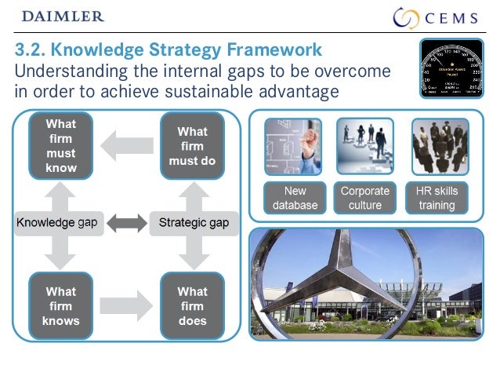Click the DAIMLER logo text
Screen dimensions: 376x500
(x=63, y=16)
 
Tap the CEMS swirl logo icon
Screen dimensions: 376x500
(x=408, y=17)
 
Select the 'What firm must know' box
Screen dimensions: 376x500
(x=60, y=146)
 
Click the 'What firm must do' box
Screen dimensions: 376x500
(x=192, y=146)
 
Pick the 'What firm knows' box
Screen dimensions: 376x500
(x=60, y=305)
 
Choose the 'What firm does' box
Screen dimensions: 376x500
(x=192, y=305)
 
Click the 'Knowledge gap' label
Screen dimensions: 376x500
(x=57, y=223)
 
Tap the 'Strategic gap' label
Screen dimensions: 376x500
(x=194, y=223)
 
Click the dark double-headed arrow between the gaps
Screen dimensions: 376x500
(x=125, y=223)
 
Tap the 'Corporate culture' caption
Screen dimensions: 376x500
(x=365, y=198)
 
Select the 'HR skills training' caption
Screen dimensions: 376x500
(x=437, y=198)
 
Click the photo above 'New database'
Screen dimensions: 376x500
(x=292, y=146)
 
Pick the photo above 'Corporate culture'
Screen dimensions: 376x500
(x=365, y=146)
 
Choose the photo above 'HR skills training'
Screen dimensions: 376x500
(x=440, y=146)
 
